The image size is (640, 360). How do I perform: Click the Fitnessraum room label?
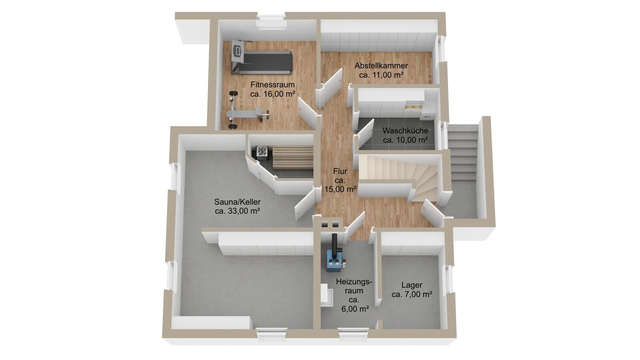coord(272,84)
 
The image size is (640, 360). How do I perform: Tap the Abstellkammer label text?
coord(381,66)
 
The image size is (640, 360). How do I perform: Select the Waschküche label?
coord(405,130)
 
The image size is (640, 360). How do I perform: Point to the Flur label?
coord(340,172)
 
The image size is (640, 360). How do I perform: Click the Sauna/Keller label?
coord(238,202)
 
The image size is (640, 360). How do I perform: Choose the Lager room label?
coord(412,285)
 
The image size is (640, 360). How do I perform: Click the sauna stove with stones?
coord(262,152)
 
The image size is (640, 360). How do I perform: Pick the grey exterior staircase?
coord(462,168)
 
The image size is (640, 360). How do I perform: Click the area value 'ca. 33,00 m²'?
coord(238,211)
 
